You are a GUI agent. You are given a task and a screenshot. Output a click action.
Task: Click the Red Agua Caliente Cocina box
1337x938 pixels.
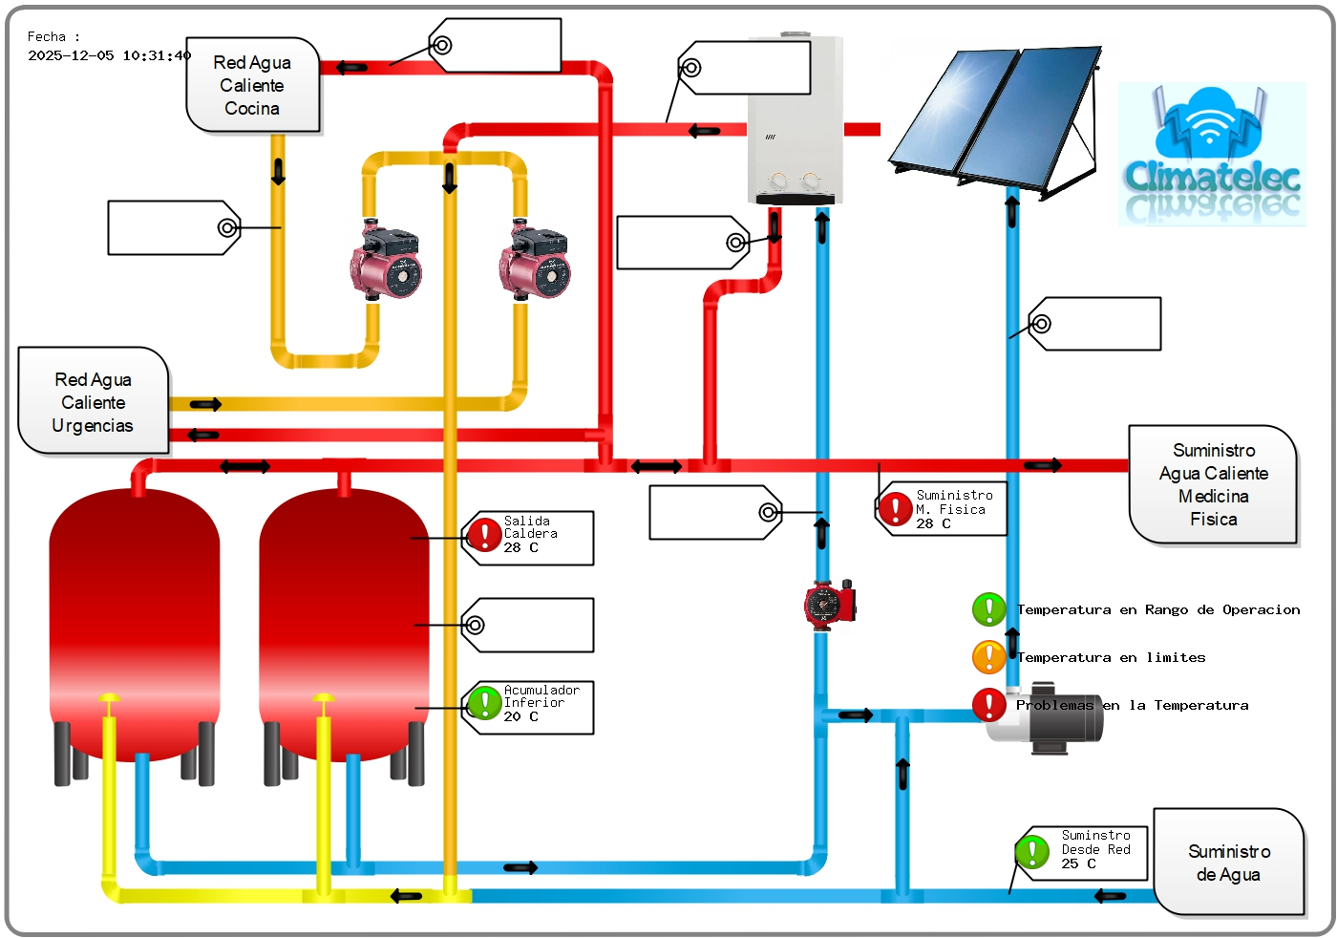tap(252, 85)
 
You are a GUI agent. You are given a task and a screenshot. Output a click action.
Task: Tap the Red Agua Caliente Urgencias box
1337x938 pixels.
tap(94, 402)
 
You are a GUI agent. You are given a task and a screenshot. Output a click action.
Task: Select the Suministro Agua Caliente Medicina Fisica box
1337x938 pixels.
tap(1213, 484)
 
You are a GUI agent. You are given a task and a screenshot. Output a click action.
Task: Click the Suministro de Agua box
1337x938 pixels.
tap(1228, 863)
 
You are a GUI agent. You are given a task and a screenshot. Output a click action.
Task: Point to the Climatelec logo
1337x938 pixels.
tap(1212, 154)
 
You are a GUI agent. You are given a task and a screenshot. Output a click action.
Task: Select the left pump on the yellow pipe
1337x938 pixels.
tap(386, 262)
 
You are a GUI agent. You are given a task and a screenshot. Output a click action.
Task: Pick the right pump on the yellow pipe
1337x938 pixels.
tap(536, 262)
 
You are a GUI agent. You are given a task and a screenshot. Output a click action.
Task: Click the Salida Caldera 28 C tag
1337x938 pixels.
tap(528, 538)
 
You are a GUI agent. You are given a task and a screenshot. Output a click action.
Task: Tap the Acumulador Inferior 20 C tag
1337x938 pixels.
tap(528, 707)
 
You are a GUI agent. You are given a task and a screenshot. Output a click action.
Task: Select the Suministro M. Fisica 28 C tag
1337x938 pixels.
tap(942, 509)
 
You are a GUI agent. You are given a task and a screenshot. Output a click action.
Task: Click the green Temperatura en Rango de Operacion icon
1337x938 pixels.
tap(988, 609)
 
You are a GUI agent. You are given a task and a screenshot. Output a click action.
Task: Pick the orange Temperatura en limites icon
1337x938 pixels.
tap(988, 657)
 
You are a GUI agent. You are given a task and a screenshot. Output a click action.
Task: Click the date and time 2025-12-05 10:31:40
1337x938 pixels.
tap(109, 56)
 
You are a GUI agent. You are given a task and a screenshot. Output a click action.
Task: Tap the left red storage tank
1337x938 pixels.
tap(135, 621)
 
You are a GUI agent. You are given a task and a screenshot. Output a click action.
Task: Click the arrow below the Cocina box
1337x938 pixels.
tap(278, 171)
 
